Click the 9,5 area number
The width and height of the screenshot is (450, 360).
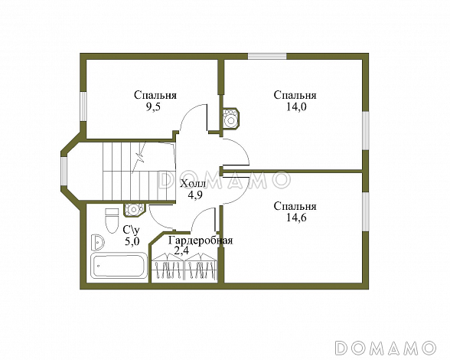153,107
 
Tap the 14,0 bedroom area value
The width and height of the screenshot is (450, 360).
296,107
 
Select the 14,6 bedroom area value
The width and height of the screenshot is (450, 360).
296,218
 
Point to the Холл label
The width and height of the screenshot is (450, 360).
193,184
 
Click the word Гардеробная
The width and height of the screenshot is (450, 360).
201,241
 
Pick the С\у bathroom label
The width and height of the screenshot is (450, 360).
132,229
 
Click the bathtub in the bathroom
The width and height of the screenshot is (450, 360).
119,265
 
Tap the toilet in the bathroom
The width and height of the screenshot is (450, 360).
112,221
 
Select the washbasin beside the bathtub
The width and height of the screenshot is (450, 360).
98,243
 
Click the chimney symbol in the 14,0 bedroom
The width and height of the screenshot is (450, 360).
231,119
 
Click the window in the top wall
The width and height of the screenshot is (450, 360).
267,57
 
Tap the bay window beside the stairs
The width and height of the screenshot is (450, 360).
64,171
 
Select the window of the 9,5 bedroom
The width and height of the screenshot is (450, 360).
83,106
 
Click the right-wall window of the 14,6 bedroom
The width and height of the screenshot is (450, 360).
365,211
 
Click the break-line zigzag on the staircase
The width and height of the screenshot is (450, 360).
139,158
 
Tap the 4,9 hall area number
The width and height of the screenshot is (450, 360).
195,195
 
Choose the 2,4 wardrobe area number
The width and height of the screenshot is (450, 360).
181,250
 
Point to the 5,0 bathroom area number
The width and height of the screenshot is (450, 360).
132,241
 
